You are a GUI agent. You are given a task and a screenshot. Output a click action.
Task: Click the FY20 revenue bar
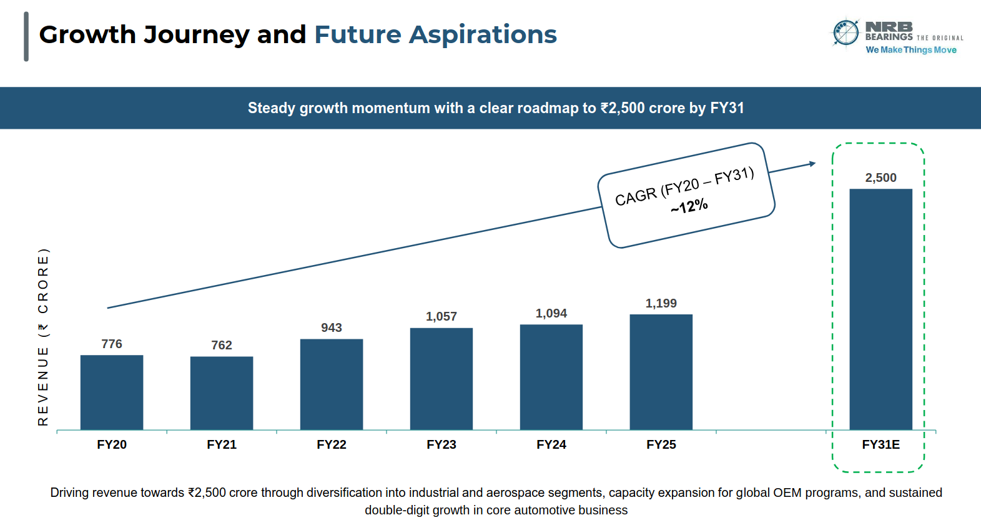(112, 392)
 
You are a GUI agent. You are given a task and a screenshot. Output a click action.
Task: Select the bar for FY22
(332, 384)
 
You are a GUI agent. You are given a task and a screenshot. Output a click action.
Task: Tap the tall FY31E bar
(880, 309)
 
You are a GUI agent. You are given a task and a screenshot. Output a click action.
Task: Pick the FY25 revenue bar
(661, 372)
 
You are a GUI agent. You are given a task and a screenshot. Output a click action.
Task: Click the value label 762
(222, 345)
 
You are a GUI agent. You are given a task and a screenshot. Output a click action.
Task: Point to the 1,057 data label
(441, 316)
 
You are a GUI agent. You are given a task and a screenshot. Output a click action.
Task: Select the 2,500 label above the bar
(880, 177)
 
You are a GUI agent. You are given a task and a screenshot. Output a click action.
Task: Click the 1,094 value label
(551, 313)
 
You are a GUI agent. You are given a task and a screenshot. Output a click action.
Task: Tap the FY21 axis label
(222, 444)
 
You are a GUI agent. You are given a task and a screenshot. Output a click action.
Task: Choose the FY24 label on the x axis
(551, 444)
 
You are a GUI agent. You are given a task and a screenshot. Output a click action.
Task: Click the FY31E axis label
(880, 444)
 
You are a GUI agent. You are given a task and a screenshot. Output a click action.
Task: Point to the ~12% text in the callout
(689, 206)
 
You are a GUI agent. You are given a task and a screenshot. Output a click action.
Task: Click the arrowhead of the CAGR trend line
(812, 164)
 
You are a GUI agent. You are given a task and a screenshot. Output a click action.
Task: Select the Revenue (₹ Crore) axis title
(43, 337)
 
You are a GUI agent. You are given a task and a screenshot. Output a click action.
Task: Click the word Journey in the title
(197, 35)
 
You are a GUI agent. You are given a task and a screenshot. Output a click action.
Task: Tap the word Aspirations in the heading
(483, 35)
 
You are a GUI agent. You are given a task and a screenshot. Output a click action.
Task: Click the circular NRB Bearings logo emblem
(846, 32)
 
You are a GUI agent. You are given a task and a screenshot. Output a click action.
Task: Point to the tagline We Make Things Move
(911, 50)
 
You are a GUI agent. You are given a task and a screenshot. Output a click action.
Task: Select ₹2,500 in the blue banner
(623, 108)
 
